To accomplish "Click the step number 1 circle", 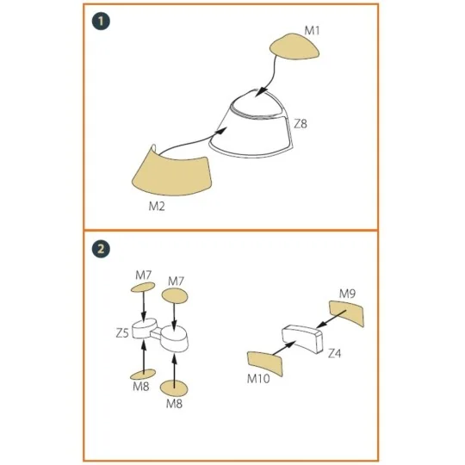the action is [x=101, y=22].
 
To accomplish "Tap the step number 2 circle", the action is [x=101, y=249].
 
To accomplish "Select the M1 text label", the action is [x=312, y=30].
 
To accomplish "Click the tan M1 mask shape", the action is [x=294, y=46].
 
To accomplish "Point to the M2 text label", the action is [x=157, y=206].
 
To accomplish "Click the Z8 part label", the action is [x=301, y=123].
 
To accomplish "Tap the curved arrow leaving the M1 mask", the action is [x=272, y=77].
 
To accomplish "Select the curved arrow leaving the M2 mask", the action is [x=193, y=143].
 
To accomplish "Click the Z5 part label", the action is [x=122, y=333].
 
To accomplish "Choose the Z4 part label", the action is [x=334, y=353].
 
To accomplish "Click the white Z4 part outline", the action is [x=302, y=338].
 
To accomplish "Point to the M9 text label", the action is [x=347, y=294].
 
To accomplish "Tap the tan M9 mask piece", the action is [x=347, y=312].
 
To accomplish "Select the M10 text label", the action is [x=258, y=378].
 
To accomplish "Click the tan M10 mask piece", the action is [x=265, y=363].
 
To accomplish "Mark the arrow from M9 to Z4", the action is [x=332, y=319].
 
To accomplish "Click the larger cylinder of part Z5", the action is [x=174, y=338].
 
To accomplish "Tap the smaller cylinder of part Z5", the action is [x=144, y=328].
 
